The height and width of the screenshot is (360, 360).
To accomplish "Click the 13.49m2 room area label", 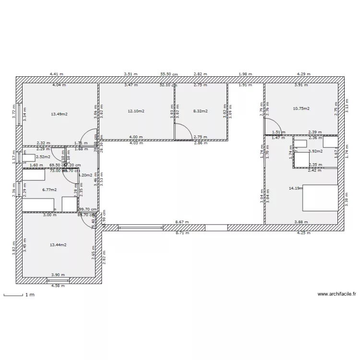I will point(59,114).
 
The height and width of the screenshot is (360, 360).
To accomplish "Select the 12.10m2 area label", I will point(136,111).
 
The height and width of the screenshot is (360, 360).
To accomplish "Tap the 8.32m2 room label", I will point(200,111).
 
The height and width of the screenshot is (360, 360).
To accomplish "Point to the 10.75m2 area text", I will point(301,108).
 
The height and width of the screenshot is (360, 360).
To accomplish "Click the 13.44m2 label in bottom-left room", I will point(58,244).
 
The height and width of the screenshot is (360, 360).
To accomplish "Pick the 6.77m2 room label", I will point(49,190).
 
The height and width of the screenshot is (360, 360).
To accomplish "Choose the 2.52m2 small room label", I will point(43,156).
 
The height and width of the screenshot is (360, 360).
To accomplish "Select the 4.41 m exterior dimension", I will point(57,74).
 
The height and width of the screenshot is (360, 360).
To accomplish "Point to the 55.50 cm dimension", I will point(169,74).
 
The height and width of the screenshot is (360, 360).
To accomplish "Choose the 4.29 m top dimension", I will point(303,74).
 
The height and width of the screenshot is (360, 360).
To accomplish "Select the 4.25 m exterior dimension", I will point(303,233).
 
